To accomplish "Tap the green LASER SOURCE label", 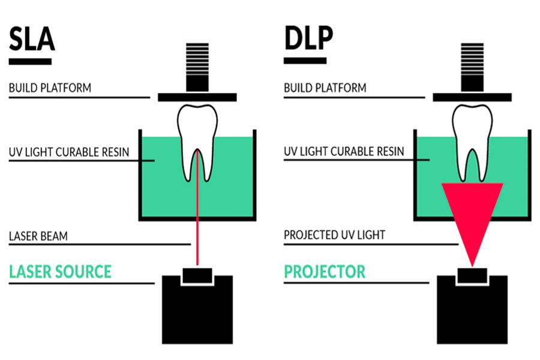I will (60, 271).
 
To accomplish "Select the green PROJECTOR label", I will (324, 271).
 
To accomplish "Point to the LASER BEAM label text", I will (38, 236).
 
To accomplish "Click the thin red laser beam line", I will (197, 234).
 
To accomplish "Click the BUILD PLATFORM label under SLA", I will (50, 88).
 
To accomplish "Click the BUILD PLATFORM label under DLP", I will (325, 88).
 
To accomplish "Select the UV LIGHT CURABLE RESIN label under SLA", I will (68, 152).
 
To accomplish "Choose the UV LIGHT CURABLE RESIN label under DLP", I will (344, 152).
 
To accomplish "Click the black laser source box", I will (197, 312).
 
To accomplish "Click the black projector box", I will (472, 312).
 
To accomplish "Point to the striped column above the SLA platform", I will (197, 67).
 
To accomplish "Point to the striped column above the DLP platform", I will (472, 67).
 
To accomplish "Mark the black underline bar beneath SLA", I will (30, 61).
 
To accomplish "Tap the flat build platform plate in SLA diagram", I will (197, 97).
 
